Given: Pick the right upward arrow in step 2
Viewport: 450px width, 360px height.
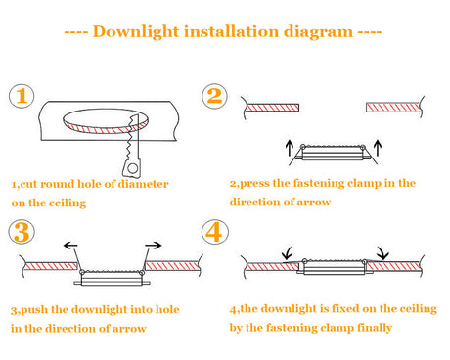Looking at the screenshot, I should [381, 148].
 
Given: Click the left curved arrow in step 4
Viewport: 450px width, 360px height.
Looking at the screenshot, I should [287, 257].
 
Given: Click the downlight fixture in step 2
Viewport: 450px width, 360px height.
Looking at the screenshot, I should [333, 153].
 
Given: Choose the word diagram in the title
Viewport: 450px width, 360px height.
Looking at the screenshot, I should [315, 31].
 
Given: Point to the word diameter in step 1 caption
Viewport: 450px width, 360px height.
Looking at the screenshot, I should [138, 183].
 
